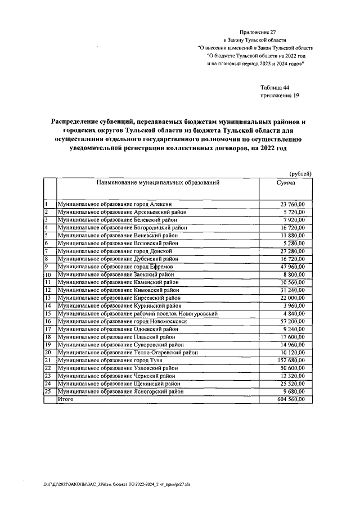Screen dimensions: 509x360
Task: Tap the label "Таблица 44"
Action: point(274,88)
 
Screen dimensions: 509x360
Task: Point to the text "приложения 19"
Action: point(280,96)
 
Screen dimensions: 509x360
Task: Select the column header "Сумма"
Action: point(286,183)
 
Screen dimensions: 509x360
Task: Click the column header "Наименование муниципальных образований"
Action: point(157,183)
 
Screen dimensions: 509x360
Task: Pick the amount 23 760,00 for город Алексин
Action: point(292,204)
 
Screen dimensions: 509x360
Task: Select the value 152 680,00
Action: point(290,359)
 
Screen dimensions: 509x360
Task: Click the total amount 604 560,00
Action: point(290,399)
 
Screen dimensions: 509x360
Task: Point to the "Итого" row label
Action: point(66,399)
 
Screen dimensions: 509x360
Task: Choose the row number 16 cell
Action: point(48,321)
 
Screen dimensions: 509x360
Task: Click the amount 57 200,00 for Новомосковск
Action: point(292,321)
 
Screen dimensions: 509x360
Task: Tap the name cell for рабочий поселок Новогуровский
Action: point(137,313)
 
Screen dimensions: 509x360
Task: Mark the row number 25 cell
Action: point(48,391)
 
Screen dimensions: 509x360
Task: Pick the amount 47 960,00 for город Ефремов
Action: point(292,266)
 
